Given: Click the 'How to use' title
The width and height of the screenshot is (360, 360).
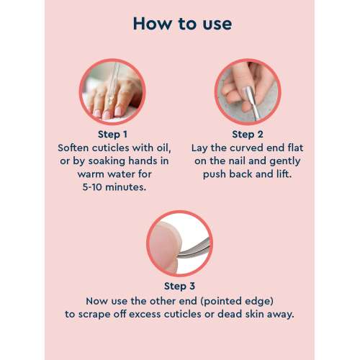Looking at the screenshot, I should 181,23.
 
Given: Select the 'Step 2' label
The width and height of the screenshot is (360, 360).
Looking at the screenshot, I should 248,134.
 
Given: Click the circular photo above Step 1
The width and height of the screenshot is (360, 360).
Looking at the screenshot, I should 112,91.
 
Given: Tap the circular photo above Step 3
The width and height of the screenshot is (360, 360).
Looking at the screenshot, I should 179,244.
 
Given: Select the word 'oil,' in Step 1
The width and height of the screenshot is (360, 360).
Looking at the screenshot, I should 156,148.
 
